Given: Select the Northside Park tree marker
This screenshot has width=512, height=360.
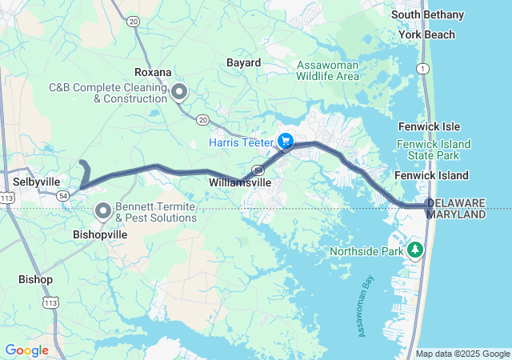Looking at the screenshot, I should click(414, 251).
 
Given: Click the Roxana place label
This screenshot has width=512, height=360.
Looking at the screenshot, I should click(153, 72).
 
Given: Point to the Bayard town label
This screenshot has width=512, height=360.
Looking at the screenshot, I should click(243, 62).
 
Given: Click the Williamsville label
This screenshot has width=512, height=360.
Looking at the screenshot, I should click(240, 183).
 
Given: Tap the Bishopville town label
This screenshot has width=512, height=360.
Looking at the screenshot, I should click(99, 236).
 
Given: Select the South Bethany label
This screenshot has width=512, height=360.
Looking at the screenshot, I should click(427, 14).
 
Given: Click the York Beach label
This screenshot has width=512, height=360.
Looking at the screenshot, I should click(427, 34).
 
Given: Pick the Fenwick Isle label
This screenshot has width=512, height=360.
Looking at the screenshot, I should click(429, 126).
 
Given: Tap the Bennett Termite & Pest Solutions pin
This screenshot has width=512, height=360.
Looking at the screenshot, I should click(103, 211).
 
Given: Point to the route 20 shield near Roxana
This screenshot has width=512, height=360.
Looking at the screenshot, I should click(204, 119).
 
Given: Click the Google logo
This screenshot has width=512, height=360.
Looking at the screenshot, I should click(26, 350).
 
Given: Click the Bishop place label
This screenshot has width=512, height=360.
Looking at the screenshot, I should click(35, 279).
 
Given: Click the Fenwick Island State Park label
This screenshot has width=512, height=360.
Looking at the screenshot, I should click(433, 150).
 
